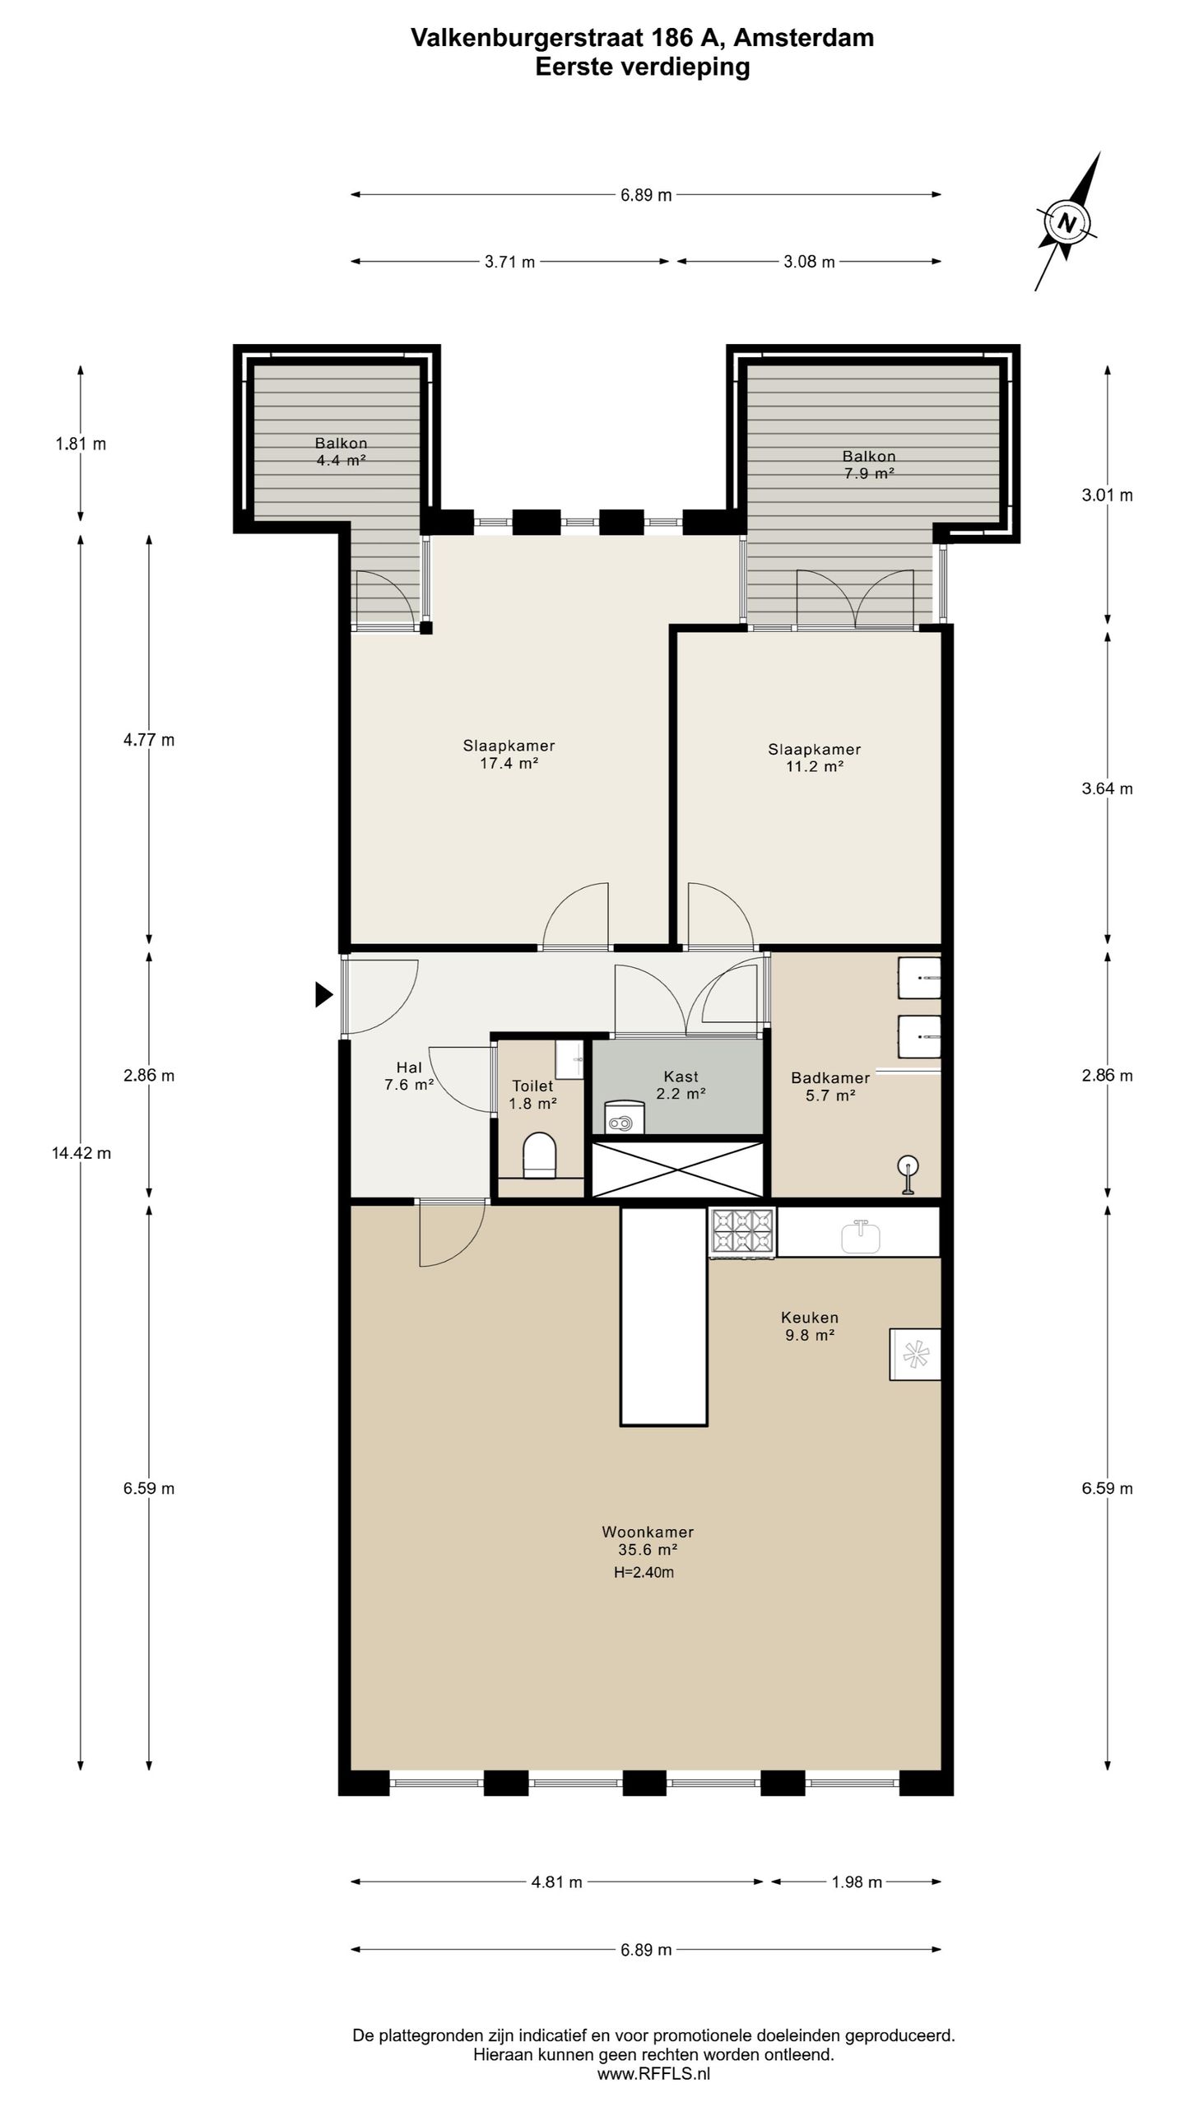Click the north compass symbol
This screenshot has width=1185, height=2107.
[1067, 222]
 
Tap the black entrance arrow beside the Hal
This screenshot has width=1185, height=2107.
[324, 995]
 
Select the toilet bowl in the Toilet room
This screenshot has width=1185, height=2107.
[540, 1153]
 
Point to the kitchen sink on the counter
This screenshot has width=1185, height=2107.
[861, 1235]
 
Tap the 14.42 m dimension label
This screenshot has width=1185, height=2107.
[81, 1153]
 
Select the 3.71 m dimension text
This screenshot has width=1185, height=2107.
[509, 262]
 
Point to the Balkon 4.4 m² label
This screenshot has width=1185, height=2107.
[341, 452]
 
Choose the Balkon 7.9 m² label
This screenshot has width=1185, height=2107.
[868, 465]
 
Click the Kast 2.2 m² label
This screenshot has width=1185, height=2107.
[681, 1085]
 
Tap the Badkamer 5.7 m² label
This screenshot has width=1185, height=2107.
[830, 1086]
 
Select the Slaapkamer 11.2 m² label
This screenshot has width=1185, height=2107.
[815, 758]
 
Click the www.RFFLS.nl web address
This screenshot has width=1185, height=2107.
[653, 2075]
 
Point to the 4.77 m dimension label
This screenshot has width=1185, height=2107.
[149, 740]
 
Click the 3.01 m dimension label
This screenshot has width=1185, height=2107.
[1107, 495]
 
